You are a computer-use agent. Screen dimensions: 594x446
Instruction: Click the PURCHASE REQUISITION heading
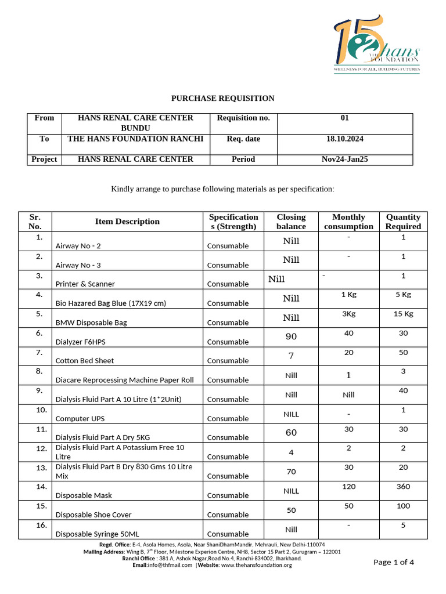pyautogui.click(x=222, y=99)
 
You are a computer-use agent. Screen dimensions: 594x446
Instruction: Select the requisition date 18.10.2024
pyautogui.click(x=345, y=139)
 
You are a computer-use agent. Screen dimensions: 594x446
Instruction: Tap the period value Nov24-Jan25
pyautogui.click(x=345, y=159)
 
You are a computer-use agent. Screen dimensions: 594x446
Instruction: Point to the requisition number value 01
pyautogui.click(x=345, y=118)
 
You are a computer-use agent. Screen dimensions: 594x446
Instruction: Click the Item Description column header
pyautogui.click(x=127, y=222)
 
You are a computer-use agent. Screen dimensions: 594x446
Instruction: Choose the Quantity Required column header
pyautogui.click(x=403, y=222)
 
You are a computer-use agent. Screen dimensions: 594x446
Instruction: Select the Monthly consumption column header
pyautogui.click(x=348, y=222)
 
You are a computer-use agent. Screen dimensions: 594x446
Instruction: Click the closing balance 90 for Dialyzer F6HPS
pyautogui.click(x=291, y=337)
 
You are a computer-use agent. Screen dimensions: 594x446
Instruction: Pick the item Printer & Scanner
pyautogui.click(x=85, y=284)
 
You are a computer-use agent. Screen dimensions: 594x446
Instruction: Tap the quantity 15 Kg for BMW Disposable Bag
pyautogui.click(x=403, y=314)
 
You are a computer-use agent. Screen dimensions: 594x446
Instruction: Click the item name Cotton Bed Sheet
pyautogui.click(x=84, y=361)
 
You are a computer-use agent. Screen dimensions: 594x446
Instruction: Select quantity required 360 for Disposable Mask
pyautogui.click(x=403, y=487)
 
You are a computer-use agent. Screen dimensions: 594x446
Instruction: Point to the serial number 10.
pyautogui.click(x=41, y=410)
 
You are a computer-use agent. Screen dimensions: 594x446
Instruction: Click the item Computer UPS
pyautogui.click(x=80, y=419)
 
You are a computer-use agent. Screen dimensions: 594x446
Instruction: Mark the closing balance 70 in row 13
pyautogui.click(x=291, y=472)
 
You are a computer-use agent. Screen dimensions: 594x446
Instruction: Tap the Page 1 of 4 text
pyautogui.click(x=394, y=562)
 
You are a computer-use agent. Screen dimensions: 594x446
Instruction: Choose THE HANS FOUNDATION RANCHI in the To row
pyautogui.click(x=135, y=139)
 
